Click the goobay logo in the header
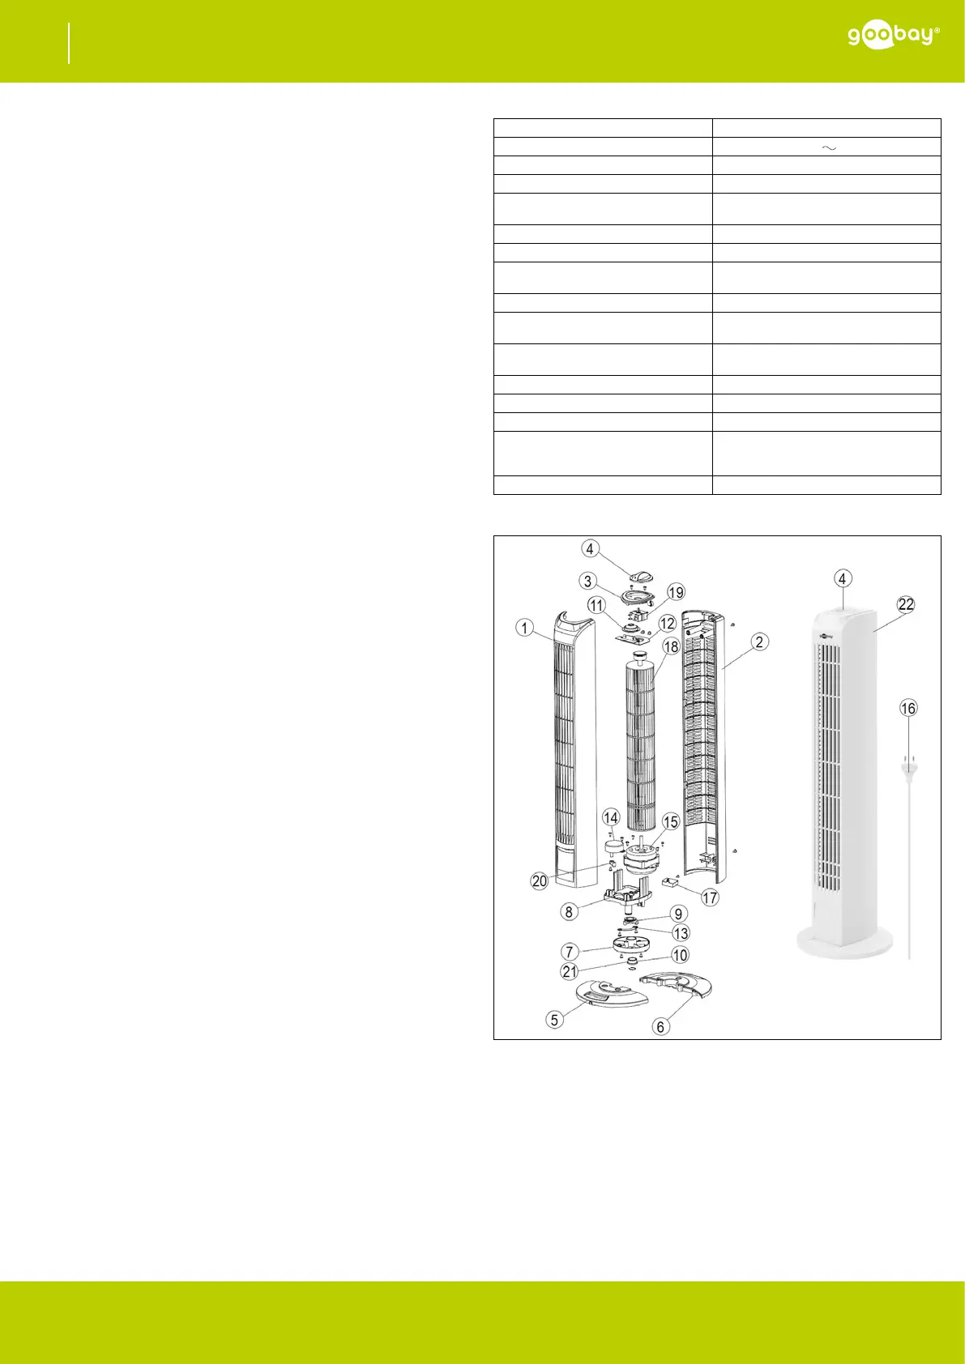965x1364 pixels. pos(893,36)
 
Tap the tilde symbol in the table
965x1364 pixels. pos(829,147)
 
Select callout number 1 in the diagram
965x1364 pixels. pos(524,628)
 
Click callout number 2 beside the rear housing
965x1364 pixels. pos(758,642)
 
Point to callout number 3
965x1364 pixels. pos(587,581)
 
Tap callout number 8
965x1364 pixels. pos(569,911)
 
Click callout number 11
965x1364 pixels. pos(596,605)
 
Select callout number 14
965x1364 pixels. pos(610,818)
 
